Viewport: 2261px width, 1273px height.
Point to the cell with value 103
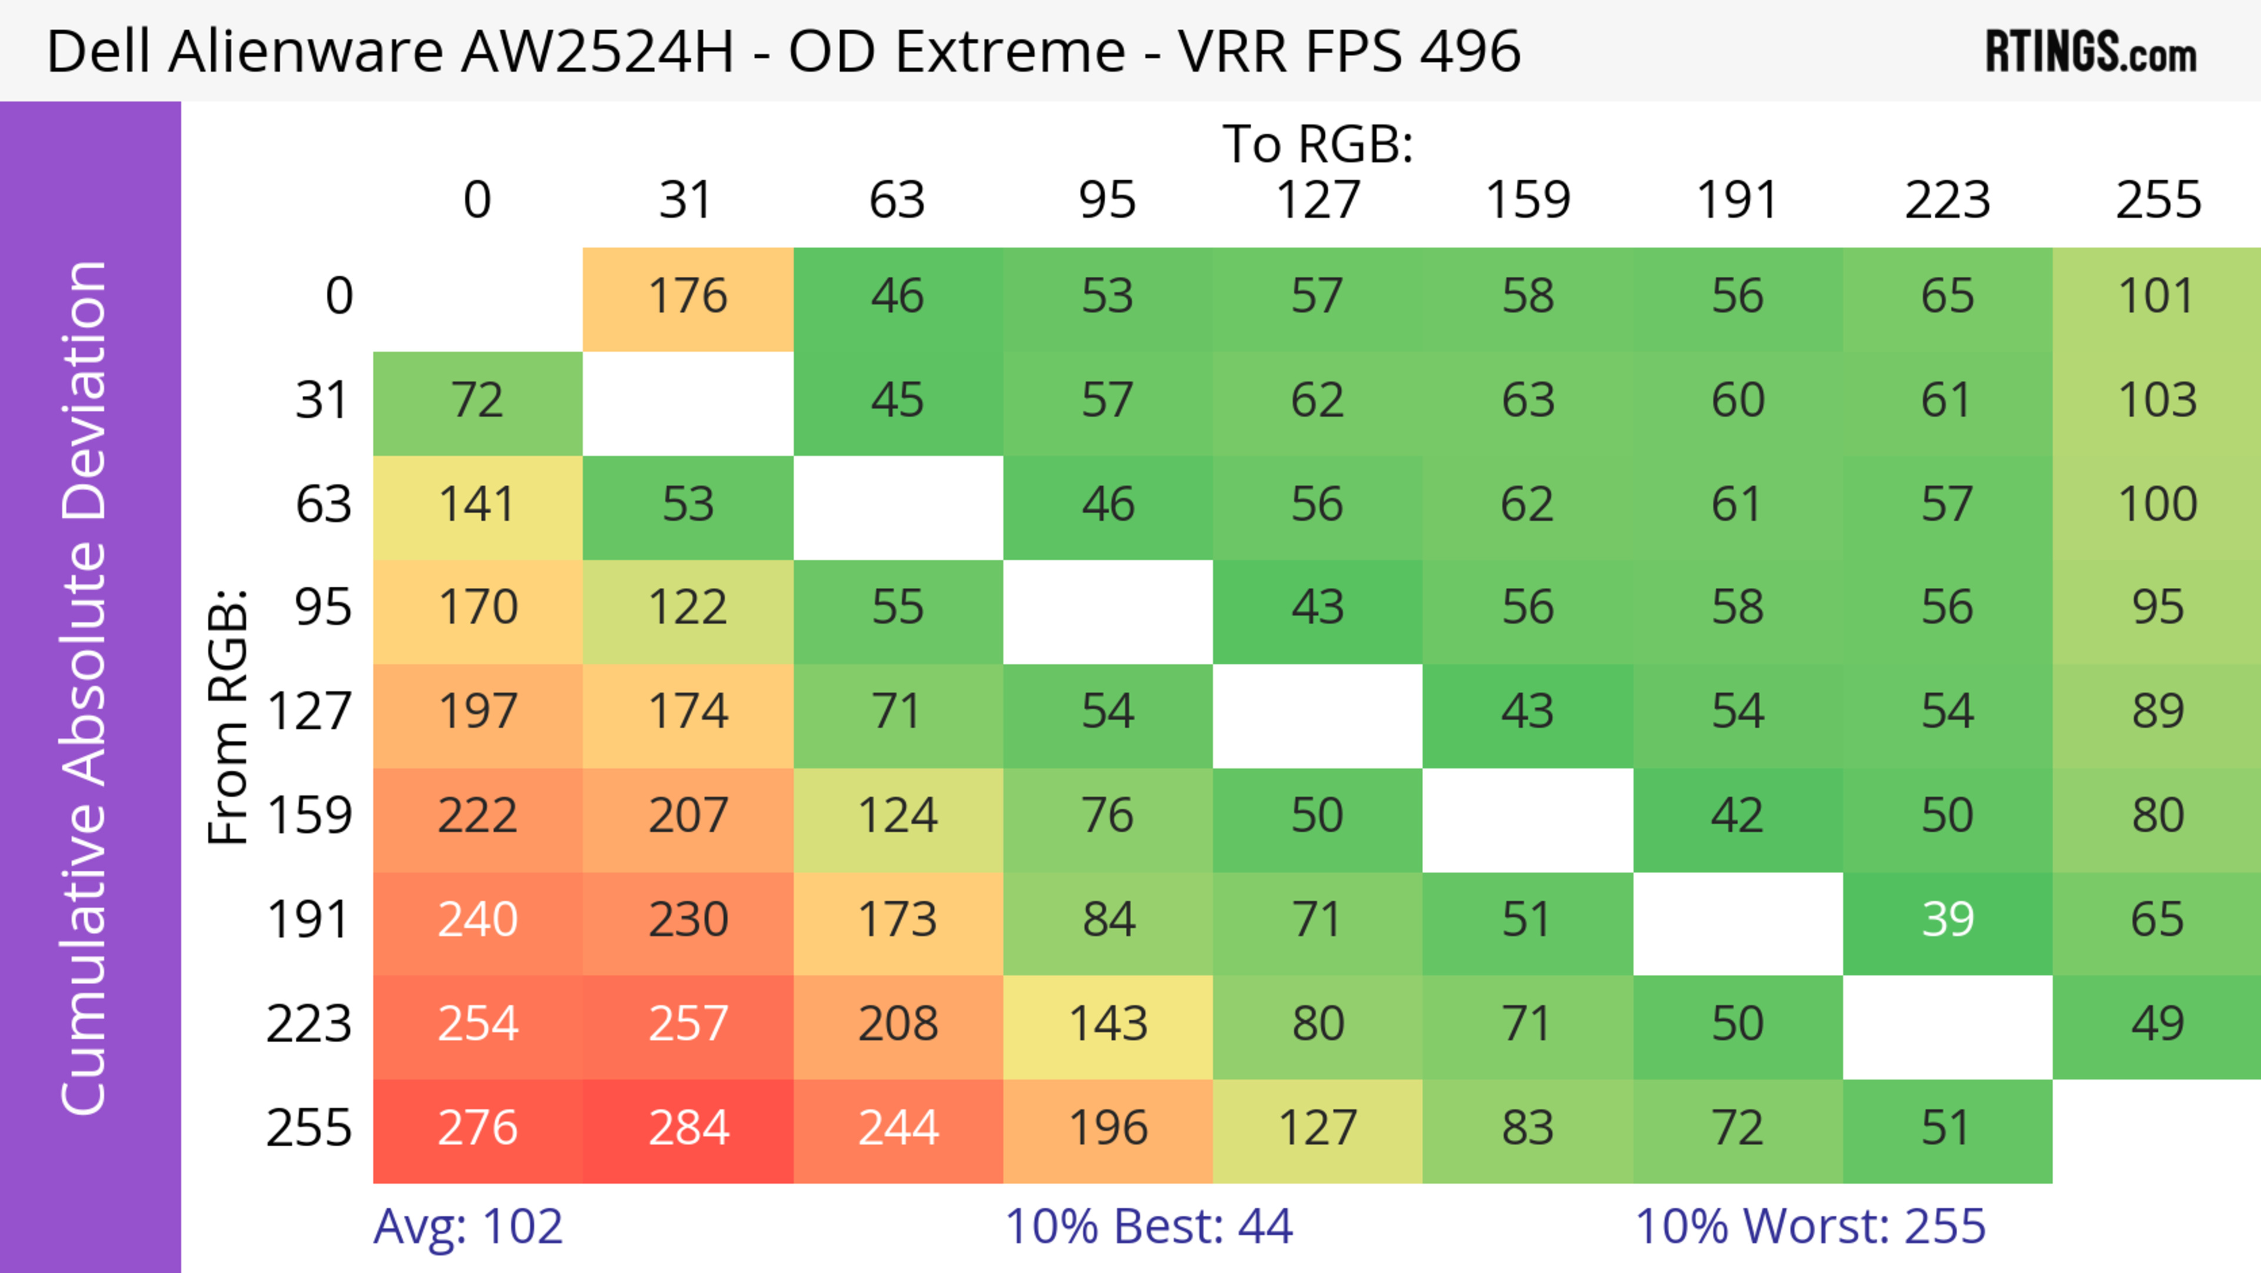[2157, 401]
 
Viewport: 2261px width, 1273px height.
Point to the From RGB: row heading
[228, 716]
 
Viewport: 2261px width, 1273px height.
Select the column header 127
[1318, 201]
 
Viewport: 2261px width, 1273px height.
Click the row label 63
[323, 505]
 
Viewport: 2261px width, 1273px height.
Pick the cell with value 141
[478, 505]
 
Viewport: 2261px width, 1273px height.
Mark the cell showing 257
[688, 1024]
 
